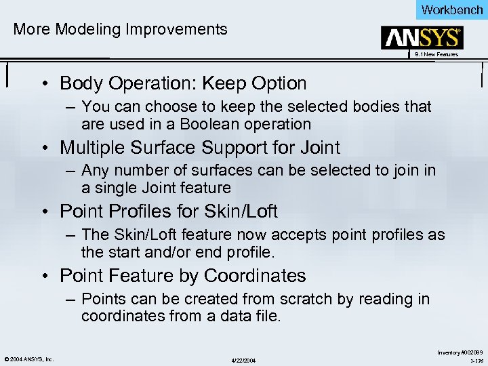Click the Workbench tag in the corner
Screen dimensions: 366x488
[452, 9]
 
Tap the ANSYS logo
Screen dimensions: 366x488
[422, 38]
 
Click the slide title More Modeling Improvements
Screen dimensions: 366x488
[121, 29]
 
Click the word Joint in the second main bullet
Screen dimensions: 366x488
[317, 147]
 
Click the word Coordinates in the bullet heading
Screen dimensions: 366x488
[255, 276]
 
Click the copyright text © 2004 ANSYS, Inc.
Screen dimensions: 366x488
[28, 359]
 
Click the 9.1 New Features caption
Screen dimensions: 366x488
[436, 54]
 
